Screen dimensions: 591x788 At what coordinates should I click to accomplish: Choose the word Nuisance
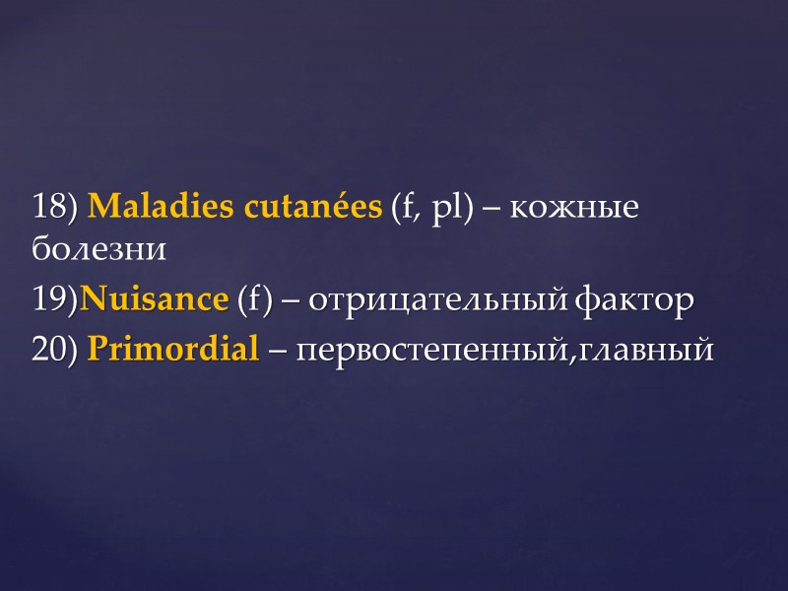click(x=154, y=299)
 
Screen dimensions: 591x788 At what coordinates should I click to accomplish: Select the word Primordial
click(x=173, y=349)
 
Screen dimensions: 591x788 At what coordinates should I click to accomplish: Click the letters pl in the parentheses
click(x=444, y=209)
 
